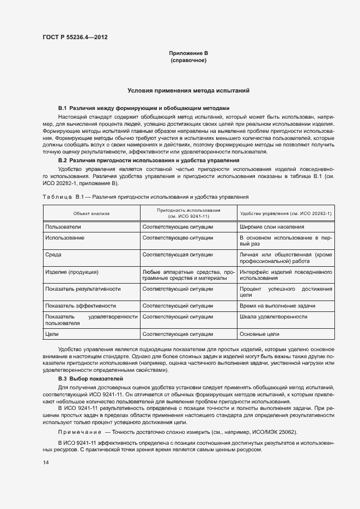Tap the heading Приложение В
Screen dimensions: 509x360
[188, 53]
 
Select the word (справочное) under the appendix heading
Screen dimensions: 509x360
[188, 60]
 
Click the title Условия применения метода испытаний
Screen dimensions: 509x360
[188, 90]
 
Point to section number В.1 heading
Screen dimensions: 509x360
[62, 108]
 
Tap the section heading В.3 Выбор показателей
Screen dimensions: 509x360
[91, 378]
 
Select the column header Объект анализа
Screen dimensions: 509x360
[91, 213]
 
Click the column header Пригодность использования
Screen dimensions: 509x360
[188, 213]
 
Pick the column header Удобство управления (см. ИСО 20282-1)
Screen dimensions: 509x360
[285, 213]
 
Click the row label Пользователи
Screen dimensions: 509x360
[63, 226]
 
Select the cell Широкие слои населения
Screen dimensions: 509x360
[272, 226]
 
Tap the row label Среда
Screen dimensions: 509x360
[53, 254]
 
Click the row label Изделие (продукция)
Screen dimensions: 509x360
[72, 272]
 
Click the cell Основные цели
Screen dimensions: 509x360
[259, 334]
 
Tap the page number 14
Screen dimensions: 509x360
[45, 462]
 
